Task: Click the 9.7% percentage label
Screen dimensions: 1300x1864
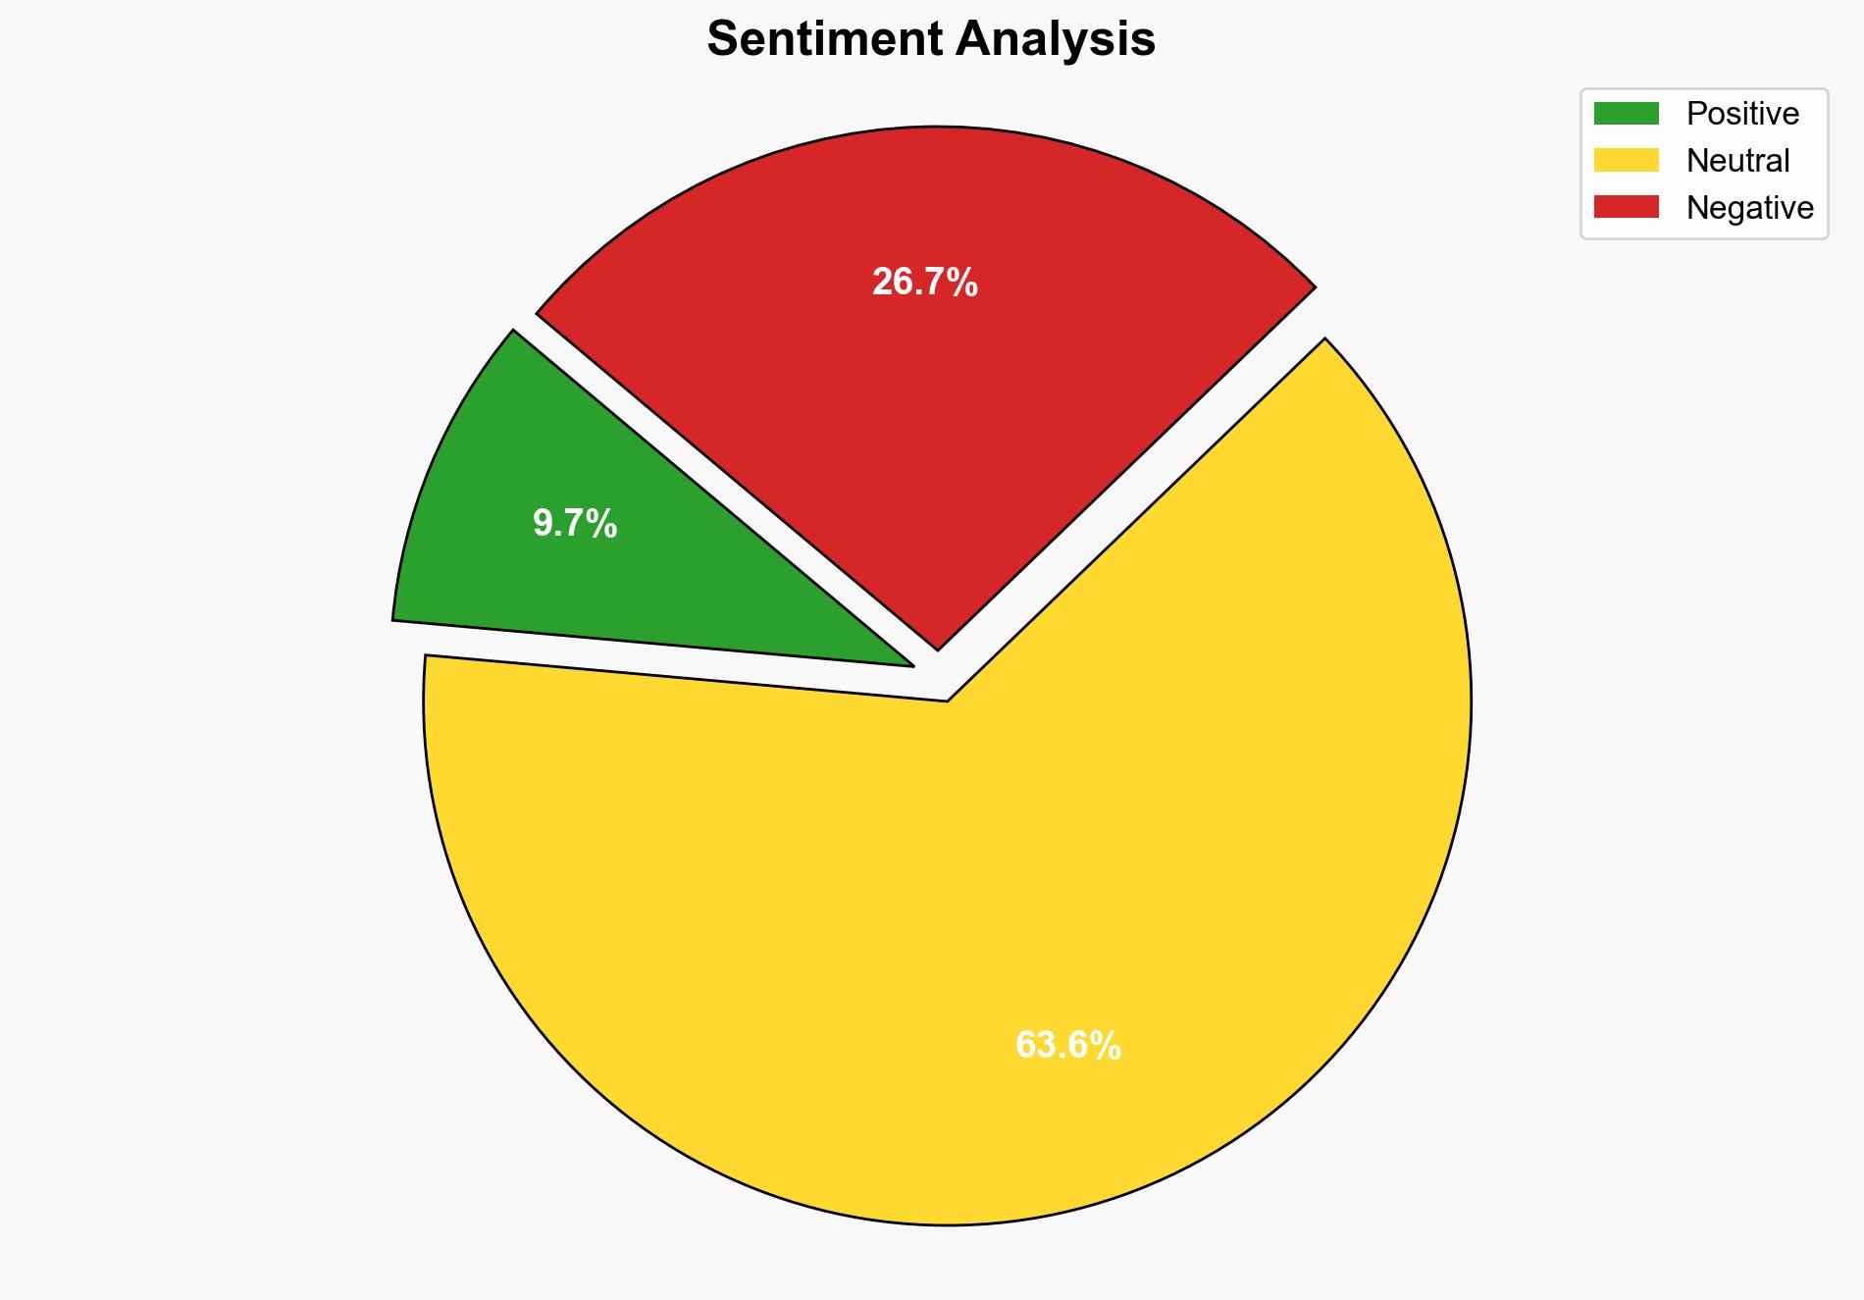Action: point(575,524)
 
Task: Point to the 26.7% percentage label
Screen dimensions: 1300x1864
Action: point(924,283)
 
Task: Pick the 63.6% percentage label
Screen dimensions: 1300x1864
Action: point(1067,1046)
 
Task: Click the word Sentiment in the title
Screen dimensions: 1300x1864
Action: point(824,40)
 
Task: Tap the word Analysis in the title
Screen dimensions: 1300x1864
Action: point(1056,40)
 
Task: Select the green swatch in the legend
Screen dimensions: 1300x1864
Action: point(1626,114)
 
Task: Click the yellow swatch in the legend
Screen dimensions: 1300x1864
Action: point(1626,160)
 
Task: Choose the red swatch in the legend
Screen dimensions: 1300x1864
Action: point(1626,207)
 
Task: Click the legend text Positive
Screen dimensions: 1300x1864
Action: point(1742,114)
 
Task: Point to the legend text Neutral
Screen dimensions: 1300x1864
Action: point(1737,161)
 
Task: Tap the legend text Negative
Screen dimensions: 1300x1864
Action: point(1749,208)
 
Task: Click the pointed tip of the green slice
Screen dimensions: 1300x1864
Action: point(912,666)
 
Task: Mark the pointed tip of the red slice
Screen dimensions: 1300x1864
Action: point(938,649)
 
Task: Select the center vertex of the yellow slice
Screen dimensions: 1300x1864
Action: point(947,701)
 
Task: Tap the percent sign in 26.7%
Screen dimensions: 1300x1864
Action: point(963,283)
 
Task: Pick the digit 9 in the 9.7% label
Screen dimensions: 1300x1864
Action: point(542,524)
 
